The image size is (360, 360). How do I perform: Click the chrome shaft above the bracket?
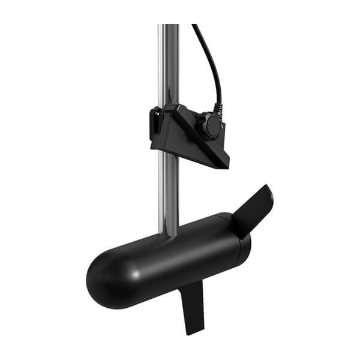(x=169, y=66)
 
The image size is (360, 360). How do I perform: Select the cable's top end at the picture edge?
(x=194, y=25)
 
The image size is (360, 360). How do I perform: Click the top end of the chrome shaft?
(x=169, y=26)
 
